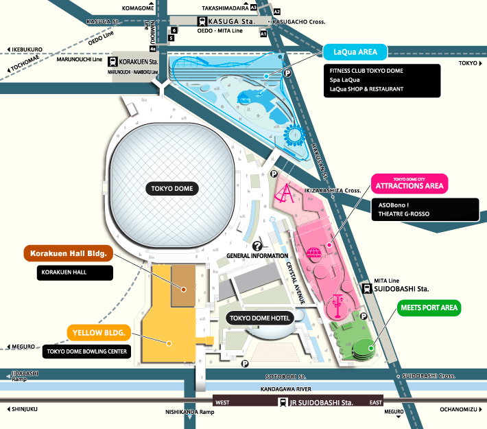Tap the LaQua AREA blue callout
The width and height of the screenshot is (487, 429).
click(x=356, y=51)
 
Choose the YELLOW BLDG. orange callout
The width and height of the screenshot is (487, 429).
click(x=99, y=333)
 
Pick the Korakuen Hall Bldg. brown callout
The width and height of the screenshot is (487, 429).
click(x=67, y=253)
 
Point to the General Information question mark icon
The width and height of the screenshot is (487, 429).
click(x=258, y=246)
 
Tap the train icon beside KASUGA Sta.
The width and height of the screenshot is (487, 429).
click(x=203, y=21)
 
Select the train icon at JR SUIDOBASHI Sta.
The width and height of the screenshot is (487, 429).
click(x=282, y=402)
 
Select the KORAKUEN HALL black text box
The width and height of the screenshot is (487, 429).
click(x=75, y=273)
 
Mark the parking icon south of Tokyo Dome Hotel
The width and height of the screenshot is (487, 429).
click(x=244, y=364)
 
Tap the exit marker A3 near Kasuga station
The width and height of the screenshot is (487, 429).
click(x=253, y=7)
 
